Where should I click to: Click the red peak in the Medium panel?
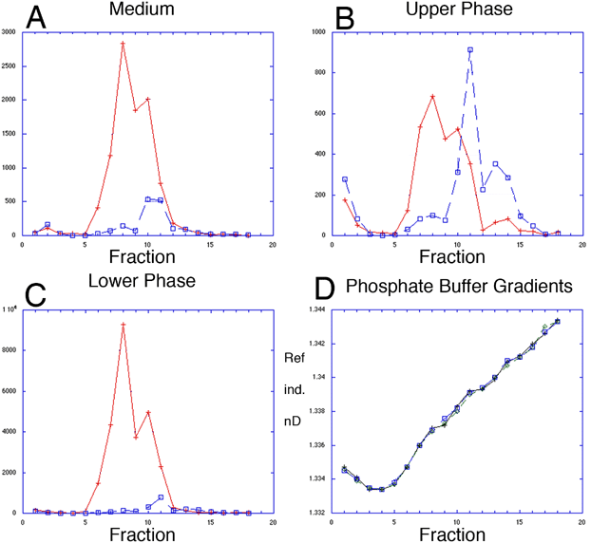(123, 43)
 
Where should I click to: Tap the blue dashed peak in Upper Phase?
(469, 49)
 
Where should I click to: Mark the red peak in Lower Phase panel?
(123, 325)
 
